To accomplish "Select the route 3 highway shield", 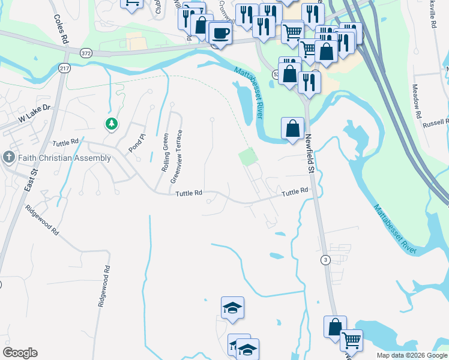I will pyautogui.click(x=325, y=259).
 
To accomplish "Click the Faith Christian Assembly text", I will pyautogui.click(x=64, y=158).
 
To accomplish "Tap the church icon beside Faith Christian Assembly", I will pyautogui.click(x=8, y=157).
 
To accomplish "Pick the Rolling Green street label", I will pyautogui.click(x=165, y=152).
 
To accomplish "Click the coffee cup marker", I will pyautogui.click(x=220, y=33).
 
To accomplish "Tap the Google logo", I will pyautogui.click(x=20, y=353).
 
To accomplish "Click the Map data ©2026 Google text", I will pyautogui.click(x=412, y=355).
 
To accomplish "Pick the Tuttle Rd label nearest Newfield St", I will pyautogui.click(x=295, y=191).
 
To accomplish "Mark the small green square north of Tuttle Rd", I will pyautogui.click(x=248, y=158).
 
